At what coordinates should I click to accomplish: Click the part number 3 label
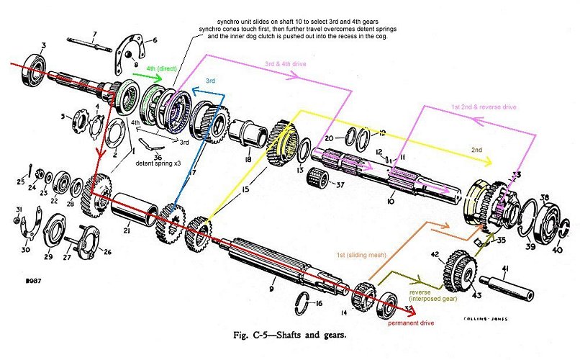44,46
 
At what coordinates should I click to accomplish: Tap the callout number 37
341,185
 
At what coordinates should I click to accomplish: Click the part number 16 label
319,305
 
